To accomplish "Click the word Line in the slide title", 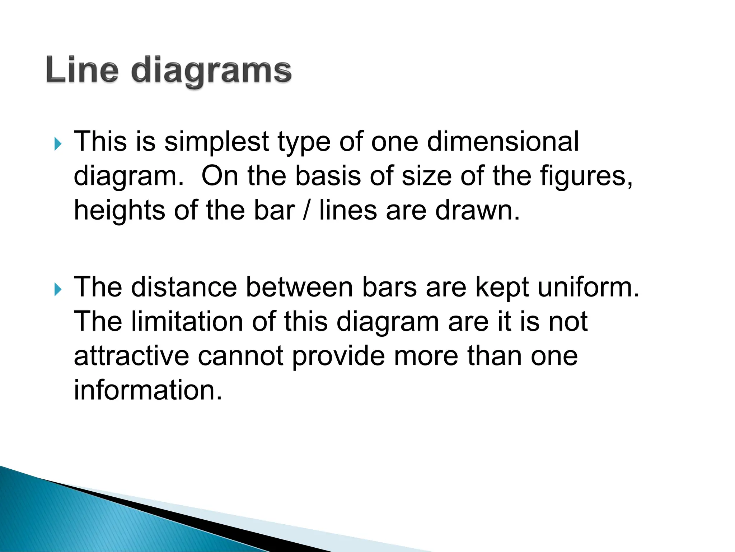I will coord(82,70).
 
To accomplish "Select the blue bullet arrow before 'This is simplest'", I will coord(58,144).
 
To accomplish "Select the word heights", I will coord(120,211).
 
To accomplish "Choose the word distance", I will coord(184,287).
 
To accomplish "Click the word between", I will coord(300,287).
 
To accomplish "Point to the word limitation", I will coord(187,321).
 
